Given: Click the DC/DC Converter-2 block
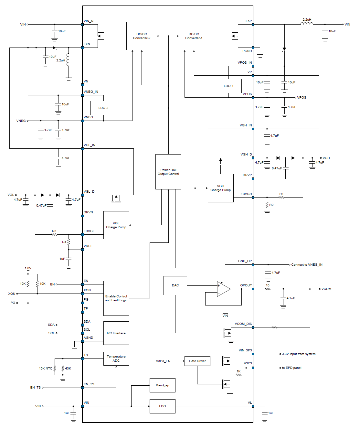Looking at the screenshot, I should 142,36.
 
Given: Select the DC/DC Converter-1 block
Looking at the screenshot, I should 194,36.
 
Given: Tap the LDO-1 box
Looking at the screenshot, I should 228,86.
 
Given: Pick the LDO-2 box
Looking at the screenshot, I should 103,108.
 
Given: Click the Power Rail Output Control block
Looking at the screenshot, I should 168,172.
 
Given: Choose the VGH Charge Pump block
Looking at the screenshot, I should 220,188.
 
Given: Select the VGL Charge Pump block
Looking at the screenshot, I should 116,225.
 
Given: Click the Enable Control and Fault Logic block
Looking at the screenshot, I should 116,298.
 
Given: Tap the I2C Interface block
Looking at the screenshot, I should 116,333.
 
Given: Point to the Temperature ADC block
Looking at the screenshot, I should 116,358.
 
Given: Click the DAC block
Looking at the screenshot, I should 175,285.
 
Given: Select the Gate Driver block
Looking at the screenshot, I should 197,361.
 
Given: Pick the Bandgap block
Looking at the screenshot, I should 162,385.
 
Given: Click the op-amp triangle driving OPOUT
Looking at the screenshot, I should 223,289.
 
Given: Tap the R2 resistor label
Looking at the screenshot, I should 271,205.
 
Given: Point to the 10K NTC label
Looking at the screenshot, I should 46,369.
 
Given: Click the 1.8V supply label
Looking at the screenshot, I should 28,268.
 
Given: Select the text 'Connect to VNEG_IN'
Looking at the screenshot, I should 307,265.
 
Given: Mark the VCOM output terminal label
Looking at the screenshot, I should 326,289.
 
